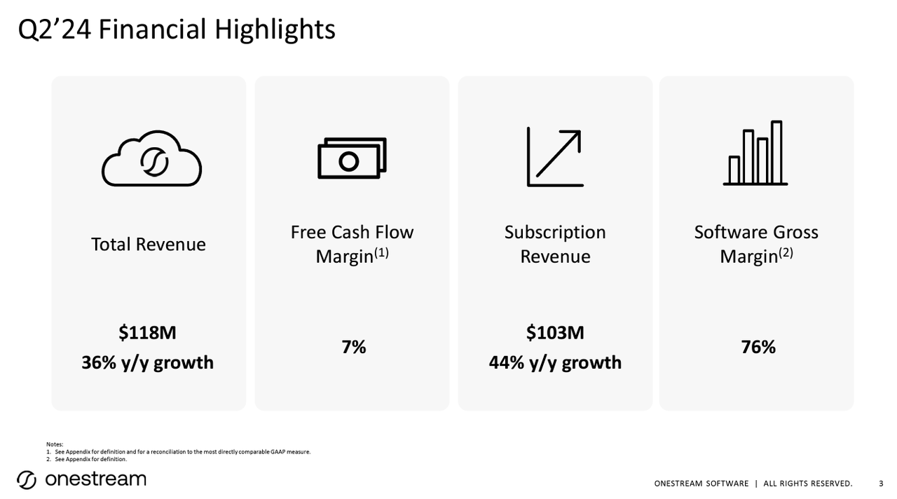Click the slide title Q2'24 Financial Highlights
[176, 29]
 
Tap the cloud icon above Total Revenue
[151, 160]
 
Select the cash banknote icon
[352, 158]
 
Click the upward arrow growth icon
[555, 157]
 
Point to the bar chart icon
[755, 153]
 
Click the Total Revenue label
[149, 244]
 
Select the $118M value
[147, 333]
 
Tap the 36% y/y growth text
[147, 363]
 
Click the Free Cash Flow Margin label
[352, 244]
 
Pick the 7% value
[353, 347]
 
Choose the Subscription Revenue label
[555, 244]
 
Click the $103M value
[555, 333]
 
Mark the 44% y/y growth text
[555, 363]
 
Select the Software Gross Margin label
[755, 244]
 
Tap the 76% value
[758, 347]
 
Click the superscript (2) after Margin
[786, 253]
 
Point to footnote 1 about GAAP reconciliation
[182, 452]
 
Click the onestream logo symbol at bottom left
[27, 480]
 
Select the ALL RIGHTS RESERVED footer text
[807, 484]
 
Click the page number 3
[881, 484]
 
